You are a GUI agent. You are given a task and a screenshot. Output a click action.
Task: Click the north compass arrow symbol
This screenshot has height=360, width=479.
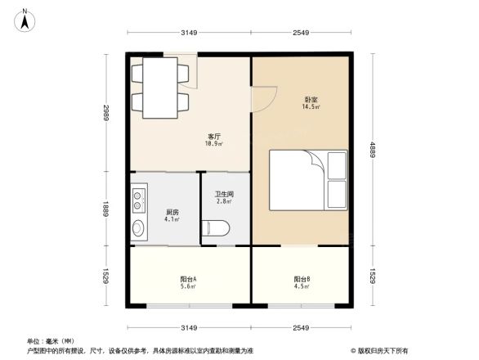click(25, 19)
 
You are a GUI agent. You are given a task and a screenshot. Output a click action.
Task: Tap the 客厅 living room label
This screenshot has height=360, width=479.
click(213, 137)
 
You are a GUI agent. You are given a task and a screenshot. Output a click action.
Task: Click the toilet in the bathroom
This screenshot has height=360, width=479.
click(217, 227)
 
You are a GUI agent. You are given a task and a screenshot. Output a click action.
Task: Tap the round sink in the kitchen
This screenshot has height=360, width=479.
click(137, 227)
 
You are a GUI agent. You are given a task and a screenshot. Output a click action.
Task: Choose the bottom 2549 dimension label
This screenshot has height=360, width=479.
click(301, 327)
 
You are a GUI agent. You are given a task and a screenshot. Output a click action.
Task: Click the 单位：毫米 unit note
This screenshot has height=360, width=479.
click(51, 341)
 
